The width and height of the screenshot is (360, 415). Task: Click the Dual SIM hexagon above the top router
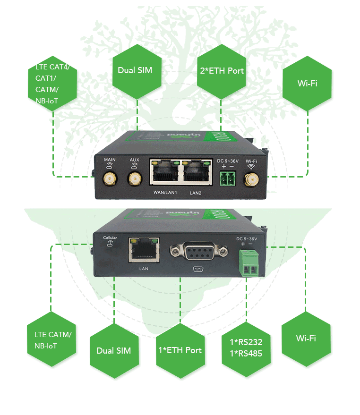pyautogui.click(x=137, y=71)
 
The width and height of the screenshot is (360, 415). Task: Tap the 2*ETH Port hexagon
pyautogui.click(x=222, y=71)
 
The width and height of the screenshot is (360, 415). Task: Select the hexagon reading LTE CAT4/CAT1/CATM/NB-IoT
pyautogui.click(x=52, y=84)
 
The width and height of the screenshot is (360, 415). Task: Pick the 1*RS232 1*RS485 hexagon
pyautogui.click(x=246, y=348)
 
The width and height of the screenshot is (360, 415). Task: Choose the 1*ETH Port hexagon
pyautogui.click(x=180, y=350)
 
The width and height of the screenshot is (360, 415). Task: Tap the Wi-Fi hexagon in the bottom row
pyautogui.click(x=306, y=338)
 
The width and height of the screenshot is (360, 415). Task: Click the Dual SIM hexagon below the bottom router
pyautogui.click(x=114, y=350)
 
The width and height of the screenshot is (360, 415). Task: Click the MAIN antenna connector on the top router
pyautogui.click(x=110, y=178)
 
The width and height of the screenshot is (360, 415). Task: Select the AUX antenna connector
pyautogui.click(x=135, y=178)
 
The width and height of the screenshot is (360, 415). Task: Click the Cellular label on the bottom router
pyautogui.click(x=110, y=238)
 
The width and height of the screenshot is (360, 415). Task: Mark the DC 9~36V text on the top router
pyautogui.click(x=229, y=161)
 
